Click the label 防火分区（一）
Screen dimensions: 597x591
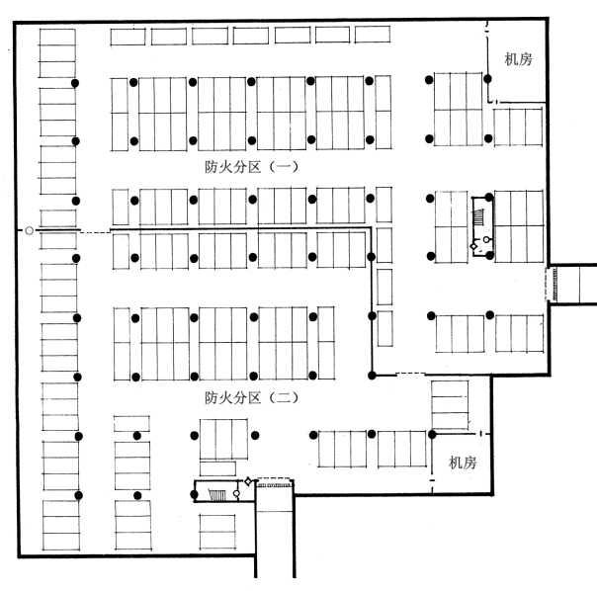click(x=252, y=167)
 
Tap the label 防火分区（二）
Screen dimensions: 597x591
click(x=252, y=398)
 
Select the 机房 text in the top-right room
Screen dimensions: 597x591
click(x=518, y=59)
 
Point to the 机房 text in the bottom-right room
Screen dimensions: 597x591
click(x=463, y=463)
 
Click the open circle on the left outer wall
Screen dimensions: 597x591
click(x=29, y=230)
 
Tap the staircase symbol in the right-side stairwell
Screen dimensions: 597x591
click(x=478, y=218)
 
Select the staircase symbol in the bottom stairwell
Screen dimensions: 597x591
click(x=217, y=495)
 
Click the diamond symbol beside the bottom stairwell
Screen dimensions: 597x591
click(x=248, y=481)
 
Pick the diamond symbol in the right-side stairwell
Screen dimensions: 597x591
click(x=474, y=246)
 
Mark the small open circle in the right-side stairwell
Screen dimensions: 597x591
click(x=486, y=239)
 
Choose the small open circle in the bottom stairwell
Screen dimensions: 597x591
click(x=236, y=493)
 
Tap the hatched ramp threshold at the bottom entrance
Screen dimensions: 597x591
click(x=275, y=485)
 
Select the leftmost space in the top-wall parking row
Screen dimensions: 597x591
click(x=128, y=37)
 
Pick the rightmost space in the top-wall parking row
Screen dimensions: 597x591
click(x=373, y=35)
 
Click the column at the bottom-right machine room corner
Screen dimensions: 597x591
click(x=432, y=434)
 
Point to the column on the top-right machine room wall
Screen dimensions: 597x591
click(x=487, y=79)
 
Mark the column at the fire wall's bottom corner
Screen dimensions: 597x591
click(x=372, y=376)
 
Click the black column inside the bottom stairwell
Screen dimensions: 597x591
click(x=194, y=494)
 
